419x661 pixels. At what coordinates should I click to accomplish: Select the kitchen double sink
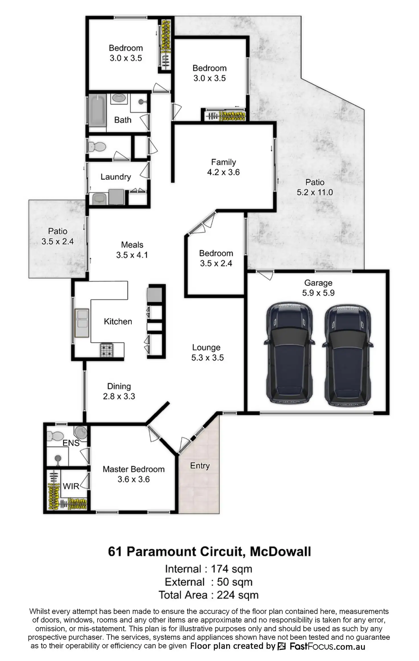[82, 323]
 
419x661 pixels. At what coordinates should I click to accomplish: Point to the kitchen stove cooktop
[107, 350]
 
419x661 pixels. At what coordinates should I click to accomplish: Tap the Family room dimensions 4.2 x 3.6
[223, 172]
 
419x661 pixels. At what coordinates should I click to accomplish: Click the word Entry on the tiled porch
[200, 466]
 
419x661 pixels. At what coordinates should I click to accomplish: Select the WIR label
[71, 486]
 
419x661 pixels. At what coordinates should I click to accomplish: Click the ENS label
[71, 443]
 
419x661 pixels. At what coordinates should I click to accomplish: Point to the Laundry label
[116, 177]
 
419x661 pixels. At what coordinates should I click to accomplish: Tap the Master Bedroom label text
[133, 469]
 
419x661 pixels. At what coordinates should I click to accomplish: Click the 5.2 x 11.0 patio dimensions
[315, 192]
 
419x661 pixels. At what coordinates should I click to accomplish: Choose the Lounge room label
[206, 347]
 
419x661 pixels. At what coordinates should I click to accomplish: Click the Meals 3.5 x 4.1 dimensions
[132, 255]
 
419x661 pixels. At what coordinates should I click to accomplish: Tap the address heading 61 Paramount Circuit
[209, 551]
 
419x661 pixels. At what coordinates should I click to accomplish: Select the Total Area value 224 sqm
[237, 595]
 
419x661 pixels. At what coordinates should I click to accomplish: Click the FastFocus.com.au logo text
[327, 646]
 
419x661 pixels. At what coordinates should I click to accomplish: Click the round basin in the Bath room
[119, 98]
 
